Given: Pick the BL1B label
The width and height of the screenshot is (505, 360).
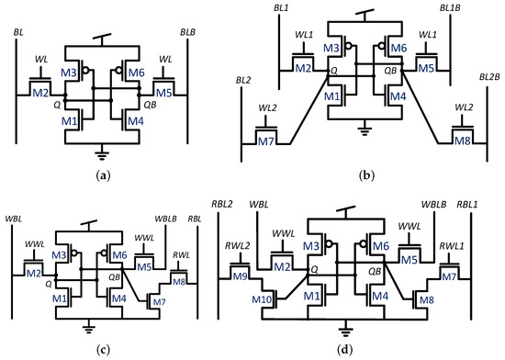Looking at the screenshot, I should point(450,9).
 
